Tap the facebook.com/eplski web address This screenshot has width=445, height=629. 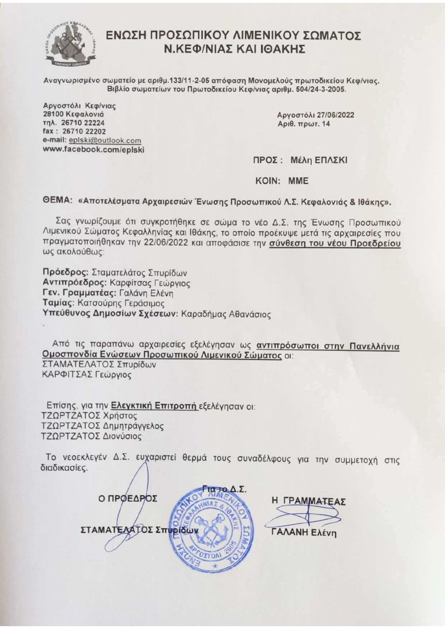93,150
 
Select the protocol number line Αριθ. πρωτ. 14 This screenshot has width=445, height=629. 304,124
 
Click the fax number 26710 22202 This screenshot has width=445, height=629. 84,132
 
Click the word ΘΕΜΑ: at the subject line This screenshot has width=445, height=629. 58,201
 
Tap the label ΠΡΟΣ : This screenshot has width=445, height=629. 266,160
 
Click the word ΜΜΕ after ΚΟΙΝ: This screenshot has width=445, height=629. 298,181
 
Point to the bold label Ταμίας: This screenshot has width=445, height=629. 58,303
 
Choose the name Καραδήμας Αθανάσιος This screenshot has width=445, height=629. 226,315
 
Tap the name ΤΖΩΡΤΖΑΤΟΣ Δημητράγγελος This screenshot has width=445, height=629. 102,426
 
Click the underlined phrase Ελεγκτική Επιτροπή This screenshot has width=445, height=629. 154,406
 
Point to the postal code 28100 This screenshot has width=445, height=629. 53,115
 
